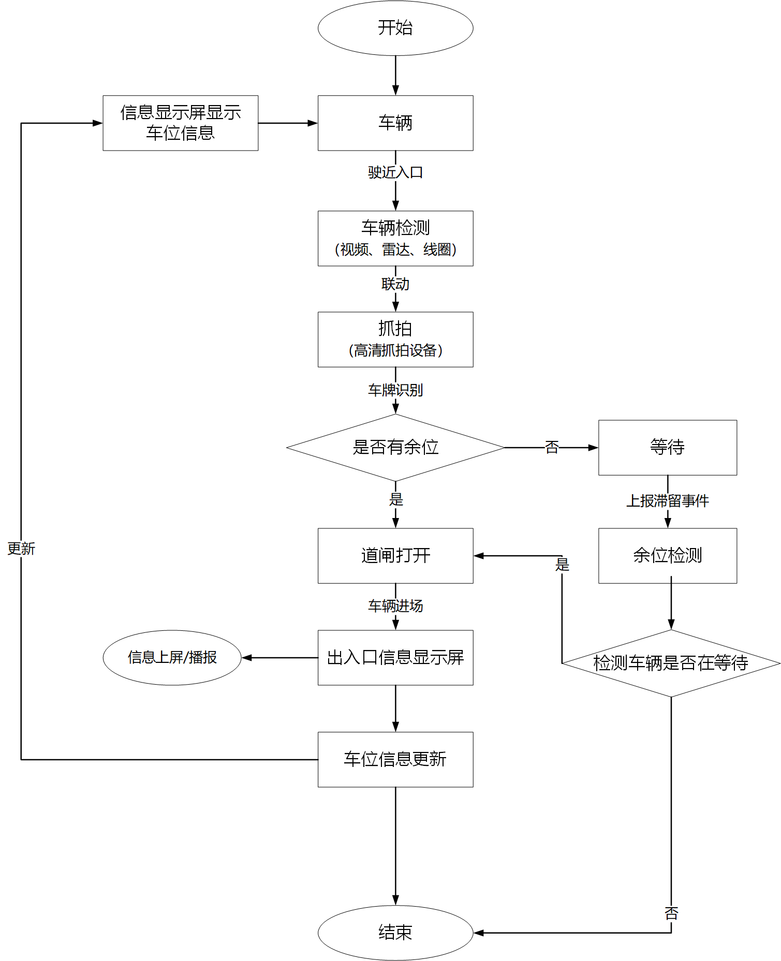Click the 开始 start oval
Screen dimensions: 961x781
395,28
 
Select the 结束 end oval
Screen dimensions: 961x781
395,933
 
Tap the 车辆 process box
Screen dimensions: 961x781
395,123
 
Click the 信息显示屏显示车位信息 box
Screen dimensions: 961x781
180,123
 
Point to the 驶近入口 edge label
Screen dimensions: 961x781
395,172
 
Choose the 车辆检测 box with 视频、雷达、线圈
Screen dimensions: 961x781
395,239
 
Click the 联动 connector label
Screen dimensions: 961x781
395,284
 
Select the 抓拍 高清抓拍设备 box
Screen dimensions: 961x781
395,339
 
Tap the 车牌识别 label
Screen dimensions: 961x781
395,390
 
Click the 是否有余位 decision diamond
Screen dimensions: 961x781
395,448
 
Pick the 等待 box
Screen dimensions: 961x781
667,448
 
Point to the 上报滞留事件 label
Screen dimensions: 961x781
667,501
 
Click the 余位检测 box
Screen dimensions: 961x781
667,556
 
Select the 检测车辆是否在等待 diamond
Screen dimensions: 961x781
671,663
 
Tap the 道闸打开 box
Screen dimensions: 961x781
395,556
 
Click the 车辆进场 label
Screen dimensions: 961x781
395,606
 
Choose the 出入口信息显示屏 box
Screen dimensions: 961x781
395,658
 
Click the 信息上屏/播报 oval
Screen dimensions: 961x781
172,658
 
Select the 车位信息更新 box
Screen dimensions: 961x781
395,760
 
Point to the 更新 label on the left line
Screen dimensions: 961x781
21,549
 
